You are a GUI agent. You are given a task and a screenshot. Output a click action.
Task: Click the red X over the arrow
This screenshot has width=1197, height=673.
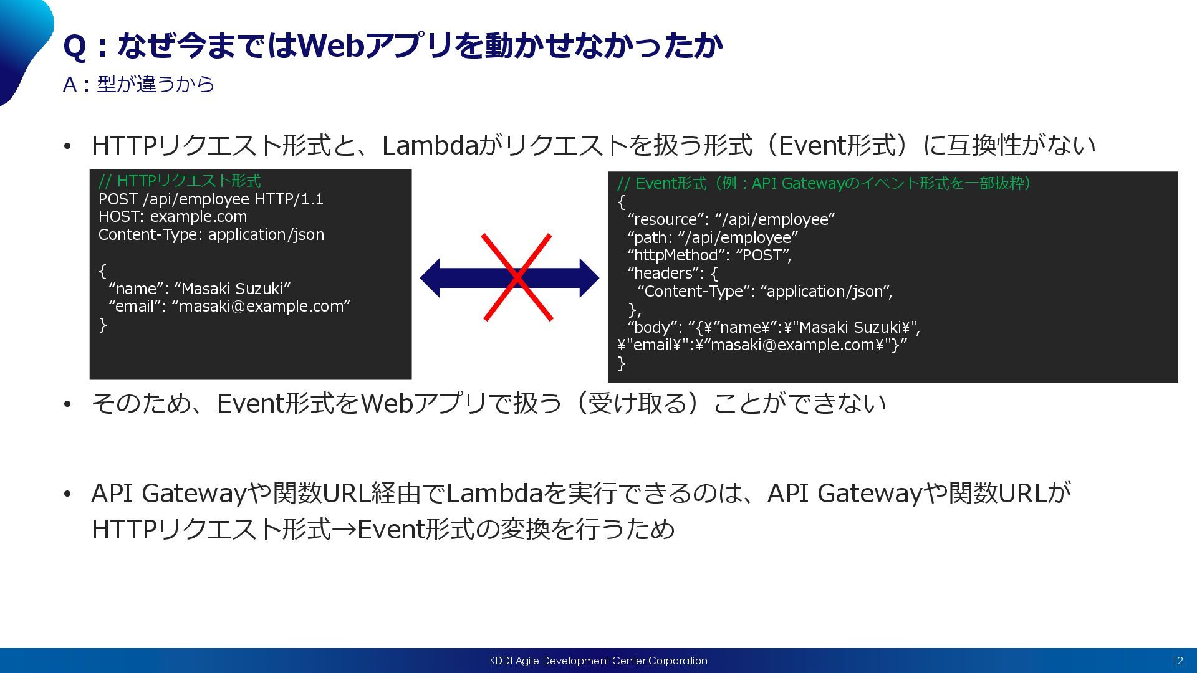pos(517,277)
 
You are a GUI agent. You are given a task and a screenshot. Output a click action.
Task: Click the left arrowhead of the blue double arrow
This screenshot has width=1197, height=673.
pos(430,278)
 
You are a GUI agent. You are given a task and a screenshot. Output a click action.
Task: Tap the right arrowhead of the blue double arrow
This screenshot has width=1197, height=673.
pos(589,278)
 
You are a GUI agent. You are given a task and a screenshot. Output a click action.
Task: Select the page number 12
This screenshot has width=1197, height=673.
pos(1178,661)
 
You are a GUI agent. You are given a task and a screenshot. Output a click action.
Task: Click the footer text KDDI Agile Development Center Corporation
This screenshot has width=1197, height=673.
pos(598,661)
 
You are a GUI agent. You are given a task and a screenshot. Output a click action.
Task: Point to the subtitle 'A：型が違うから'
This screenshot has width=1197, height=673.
pos(138,84)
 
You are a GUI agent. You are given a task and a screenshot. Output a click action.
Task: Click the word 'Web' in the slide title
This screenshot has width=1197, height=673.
pos(331,45)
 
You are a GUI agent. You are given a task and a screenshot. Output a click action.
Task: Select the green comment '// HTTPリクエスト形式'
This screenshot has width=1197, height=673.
pos(180,181)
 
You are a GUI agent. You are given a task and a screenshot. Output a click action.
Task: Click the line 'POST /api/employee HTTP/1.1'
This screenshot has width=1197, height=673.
pos(211,199)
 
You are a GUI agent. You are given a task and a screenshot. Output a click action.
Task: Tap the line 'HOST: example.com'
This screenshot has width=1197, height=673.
pos(173,216)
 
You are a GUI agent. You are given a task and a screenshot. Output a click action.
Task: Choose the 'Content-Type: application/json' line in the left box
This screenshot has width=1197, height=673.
pos(211,234)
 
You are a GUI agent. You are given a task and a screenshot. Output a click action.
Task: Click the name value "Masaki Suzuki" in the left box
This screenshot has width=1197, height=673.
pos(233,289)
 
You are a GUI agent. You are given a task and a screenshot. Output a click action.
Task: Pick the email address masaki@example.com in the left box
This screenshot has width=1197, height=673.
pos(261,306)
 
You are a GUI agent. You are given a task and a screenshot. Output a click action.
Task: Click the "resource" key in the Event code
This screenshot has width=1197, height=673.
pos(666,219)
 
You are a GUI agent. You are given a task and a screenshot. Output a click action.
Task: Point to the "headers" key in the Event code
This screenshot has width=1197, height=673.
pos(664,273)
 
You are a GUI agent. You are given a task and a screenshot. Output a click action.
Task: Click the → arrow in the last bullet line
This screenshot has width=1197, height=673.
pos(344,530)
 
